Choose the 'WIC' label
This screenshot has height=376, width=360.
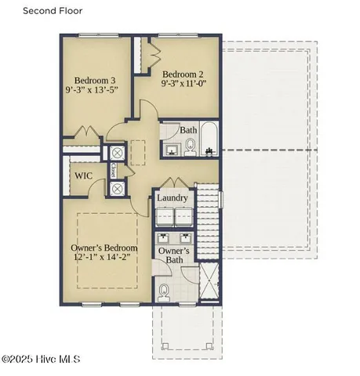85,176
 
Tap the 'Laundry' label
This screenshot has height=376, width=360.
172,198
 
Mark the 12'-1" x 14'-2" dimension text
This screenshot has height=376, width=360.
100,257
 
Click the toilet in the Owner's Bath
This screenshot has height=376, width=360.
163,292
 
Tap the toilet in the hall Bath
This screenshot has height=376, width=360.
190,145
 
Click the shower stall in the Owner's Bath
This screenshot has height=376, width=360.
210,284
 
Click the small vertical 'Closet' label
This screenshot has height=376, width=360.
115,170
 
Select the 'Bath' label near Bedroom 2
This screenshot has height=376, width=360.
188,130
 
